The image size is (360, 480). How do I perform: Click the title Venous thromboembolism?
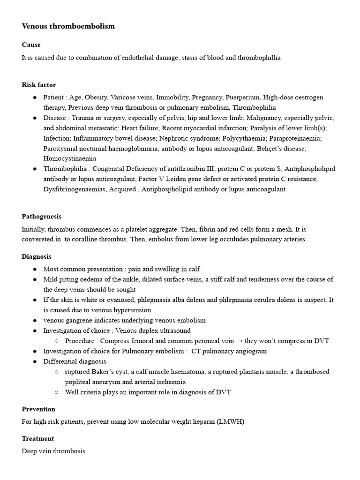pos(68,26)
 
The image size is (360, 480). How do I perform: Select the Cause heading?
pos(31,45)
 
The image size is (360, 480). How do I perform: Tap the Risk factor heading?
pos(39,85)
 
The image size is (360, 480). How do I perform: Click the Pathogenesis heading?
pos(42,217)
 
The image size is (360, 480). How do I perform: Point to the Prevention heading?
pos(38,409)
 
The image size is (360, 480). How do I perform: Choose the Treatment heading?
pos(38,439)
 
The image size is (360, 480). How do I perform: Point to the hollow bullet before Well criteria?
pos(56,392)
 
